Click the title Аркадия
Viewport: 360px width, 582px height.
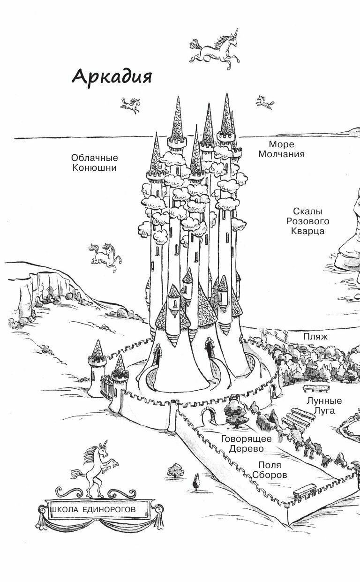click(112, 76)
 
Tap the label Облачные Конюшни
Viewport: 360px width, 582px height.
click(95, 162)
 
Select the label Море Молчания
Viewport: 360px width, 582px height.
click(281, 149)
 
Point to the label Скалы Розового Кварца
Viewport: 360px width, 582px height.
click(308, 221)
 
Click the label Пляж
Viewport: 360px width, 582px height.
click(315, 337)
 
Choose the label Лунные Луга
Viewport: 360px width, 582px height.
click(324, 406)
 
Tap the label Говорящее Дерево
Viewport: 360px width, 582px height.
click(247, 444)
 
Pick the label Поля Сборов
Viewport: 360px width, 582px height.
click(270, 469)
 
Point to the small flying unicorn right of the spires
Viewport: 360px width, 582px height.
click(265, 101)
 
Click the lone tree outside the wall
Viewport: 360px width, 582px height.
click(176, 470)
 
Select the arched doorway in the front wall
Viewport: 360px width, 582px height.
click(205, 413)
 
